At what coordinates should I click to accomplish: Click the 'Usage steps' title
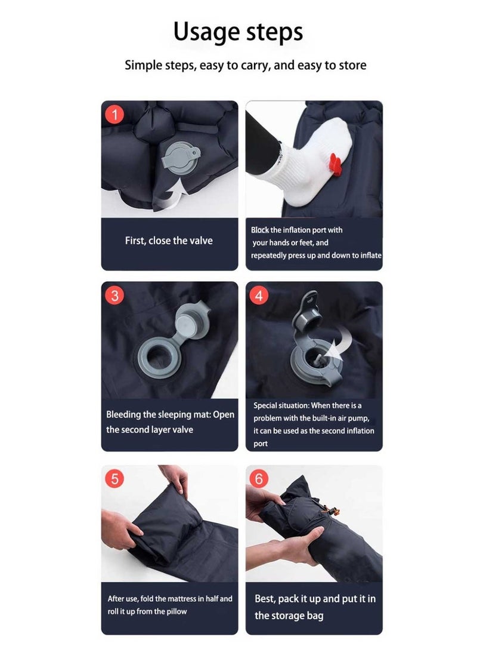(x=238, y=32)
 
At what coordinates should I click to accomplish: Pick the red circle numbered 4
(x=259, y=296)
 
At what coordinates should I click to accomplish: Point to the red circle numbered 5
(x=114, y=479)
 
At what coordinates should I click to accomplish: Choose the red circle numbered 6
(x=259, y=479)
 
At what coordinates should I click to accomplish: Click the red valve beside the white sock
(x=335, y=162)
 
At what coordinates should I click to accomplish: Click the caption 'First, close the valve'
(x=169, y=241)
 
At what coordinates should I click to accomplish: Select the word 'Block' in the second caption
(x=260, y=230)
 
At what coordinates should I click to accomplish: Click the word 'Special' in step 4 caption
(x=265, y=406)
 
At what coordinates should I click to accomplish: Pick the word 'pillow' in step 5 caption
(x=176, y=611)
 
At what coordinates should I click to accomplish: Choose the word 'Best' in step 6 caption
(x=265, y=599)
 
